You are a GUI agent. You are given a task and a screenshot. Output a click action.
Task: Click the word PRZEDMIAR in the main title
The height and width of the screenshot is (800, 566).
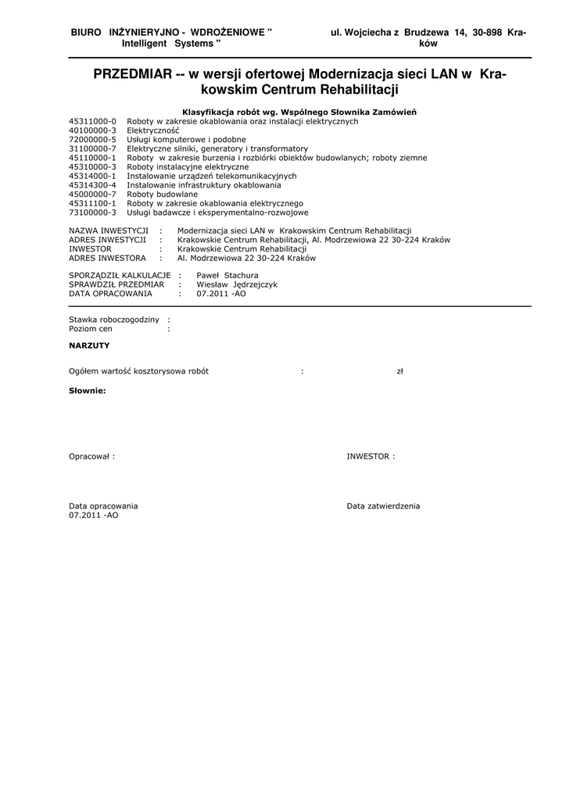[132, 75]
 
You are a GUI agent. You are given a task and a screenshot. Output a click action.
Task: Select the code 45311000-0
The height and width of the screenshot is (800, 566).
[92, 122]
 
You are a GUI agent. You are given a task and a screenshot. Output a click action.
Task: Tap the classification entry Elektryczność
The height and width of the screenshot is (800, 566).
[153, 130]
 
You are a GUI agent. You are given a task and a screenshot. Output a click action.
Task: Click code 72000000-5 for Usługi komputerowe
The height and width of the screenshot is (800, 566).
[92, 140]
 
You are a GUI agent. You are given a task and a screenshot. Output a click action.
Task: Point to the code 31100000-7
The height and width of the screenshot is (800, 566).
[92, 148]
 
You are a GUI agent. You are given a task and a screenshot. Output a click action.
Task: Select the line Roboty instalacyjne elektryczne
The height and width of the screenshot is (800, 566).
[188, 167]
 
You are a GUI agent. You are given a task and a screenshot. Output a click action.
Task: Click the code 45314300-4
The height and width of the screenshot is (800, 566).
[92, 185]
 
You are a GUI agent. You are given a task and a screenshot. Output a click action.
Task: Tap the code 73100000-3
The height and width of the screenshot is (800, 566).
[92, 212]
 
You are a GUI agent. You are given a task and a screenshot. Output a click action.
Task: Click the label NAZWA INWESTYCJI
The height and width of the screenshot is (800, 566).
[109, 230]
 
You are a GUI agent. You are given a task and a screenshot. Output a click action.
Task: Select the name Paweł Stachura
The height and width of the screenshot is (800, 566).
[227, 276]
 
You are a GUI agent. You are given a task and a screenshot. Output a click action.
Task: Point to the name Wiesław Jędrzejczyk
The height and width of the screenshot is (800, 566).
[237, 285]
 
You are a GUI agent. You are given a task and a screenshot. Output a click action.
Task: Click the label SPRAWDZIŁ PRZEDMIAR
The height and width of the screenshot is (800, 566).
[116, 285]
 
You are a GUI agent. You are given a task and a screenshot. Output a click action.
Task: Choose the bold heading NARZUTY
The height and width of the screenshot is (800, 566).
[89, 345]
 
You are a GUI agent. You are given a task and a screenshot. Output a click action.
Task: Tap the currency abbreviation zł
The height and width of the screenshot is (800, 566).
[400, 372]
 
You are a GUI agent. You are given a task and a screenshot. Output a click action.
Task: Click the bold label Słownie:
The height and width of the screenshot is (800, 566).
[87, 391]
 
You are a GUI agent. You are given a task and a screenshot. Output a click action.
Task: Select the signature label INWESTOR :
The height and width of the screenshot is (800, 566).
[371, 457]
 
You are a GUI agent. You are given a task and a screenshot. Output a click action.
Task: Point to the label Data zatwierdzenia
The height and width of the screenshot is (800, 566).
[383, 506]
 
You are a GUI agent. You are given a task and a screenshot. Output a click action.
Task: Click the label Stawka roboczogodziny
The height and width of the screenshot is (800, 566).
[114, 320]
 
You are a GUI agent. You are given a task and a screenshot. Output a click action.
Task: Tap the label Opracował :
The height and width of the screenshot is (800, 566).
[91, 457]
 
